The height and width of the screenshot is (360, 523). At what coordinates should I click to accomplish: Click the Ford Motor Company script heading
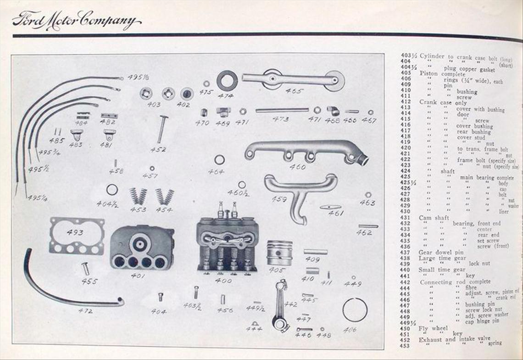click(x=76, y=21)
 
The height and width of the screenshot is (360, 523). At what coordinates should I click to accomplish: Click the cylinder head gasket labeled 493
click(x=77, y=236)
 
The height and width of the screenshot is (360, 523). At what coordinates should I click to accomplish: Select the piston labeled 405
click(x=279, y=252)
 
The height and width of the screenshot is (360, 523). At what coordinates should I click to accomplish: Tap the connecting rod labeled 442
click(x=280, y=305)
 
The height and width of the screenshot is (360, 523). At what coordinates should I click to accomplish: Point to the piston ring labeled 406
click(x=355, y=309)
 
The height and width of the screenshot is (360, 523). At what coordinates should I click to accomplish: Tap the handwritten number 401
click(x=138, y=276)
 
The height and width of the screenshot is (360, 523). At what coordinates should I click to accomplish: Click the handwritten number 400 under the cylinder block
click(x=223, y=280)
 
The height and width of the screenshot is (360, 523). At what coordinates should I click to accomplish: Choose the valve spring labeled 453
click(x=138, y=196)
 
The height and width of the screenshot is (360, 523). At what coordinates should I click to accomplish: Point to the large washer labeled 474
click(x=227, y=81)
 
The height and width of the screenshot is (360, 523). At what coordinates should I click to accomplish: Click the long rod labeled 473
click(x=282, y=110)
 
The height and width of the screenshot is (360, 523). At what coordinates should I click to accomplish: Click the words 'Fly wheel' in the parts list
click(x=433, y=328)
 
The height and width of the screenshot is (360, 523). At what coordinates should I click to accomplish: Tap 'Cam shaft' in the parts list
click(x=434, y=218)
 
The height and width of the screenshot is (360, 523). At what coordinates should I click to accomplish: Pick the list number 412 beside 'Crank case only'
click(x=406, y=102)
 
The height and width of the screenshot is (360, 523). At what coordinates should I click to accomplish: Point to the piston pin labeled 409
click(x=316, y=252)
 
